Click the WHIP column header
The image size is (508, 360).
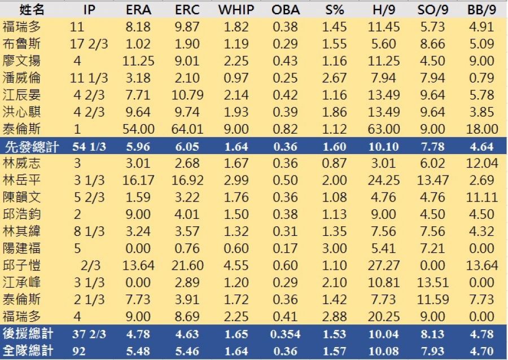click(235, 10)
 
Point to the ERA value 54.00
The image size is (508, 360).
click(137, 129)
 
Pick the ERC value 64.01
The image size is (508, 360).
click(186, 129)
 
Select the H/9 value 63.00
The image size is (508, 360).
click(384, 129)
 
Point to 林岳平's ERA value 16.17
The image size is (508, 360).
click(137, 181)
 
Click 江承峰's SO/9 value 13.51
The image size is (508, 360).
click(433, 282)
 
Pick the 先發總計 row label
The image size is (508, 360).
click(28, 147)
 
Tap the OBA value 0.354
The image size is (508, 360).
click(285, 334)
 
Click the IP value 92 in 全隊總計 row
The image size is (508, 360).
click(79, 351)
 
